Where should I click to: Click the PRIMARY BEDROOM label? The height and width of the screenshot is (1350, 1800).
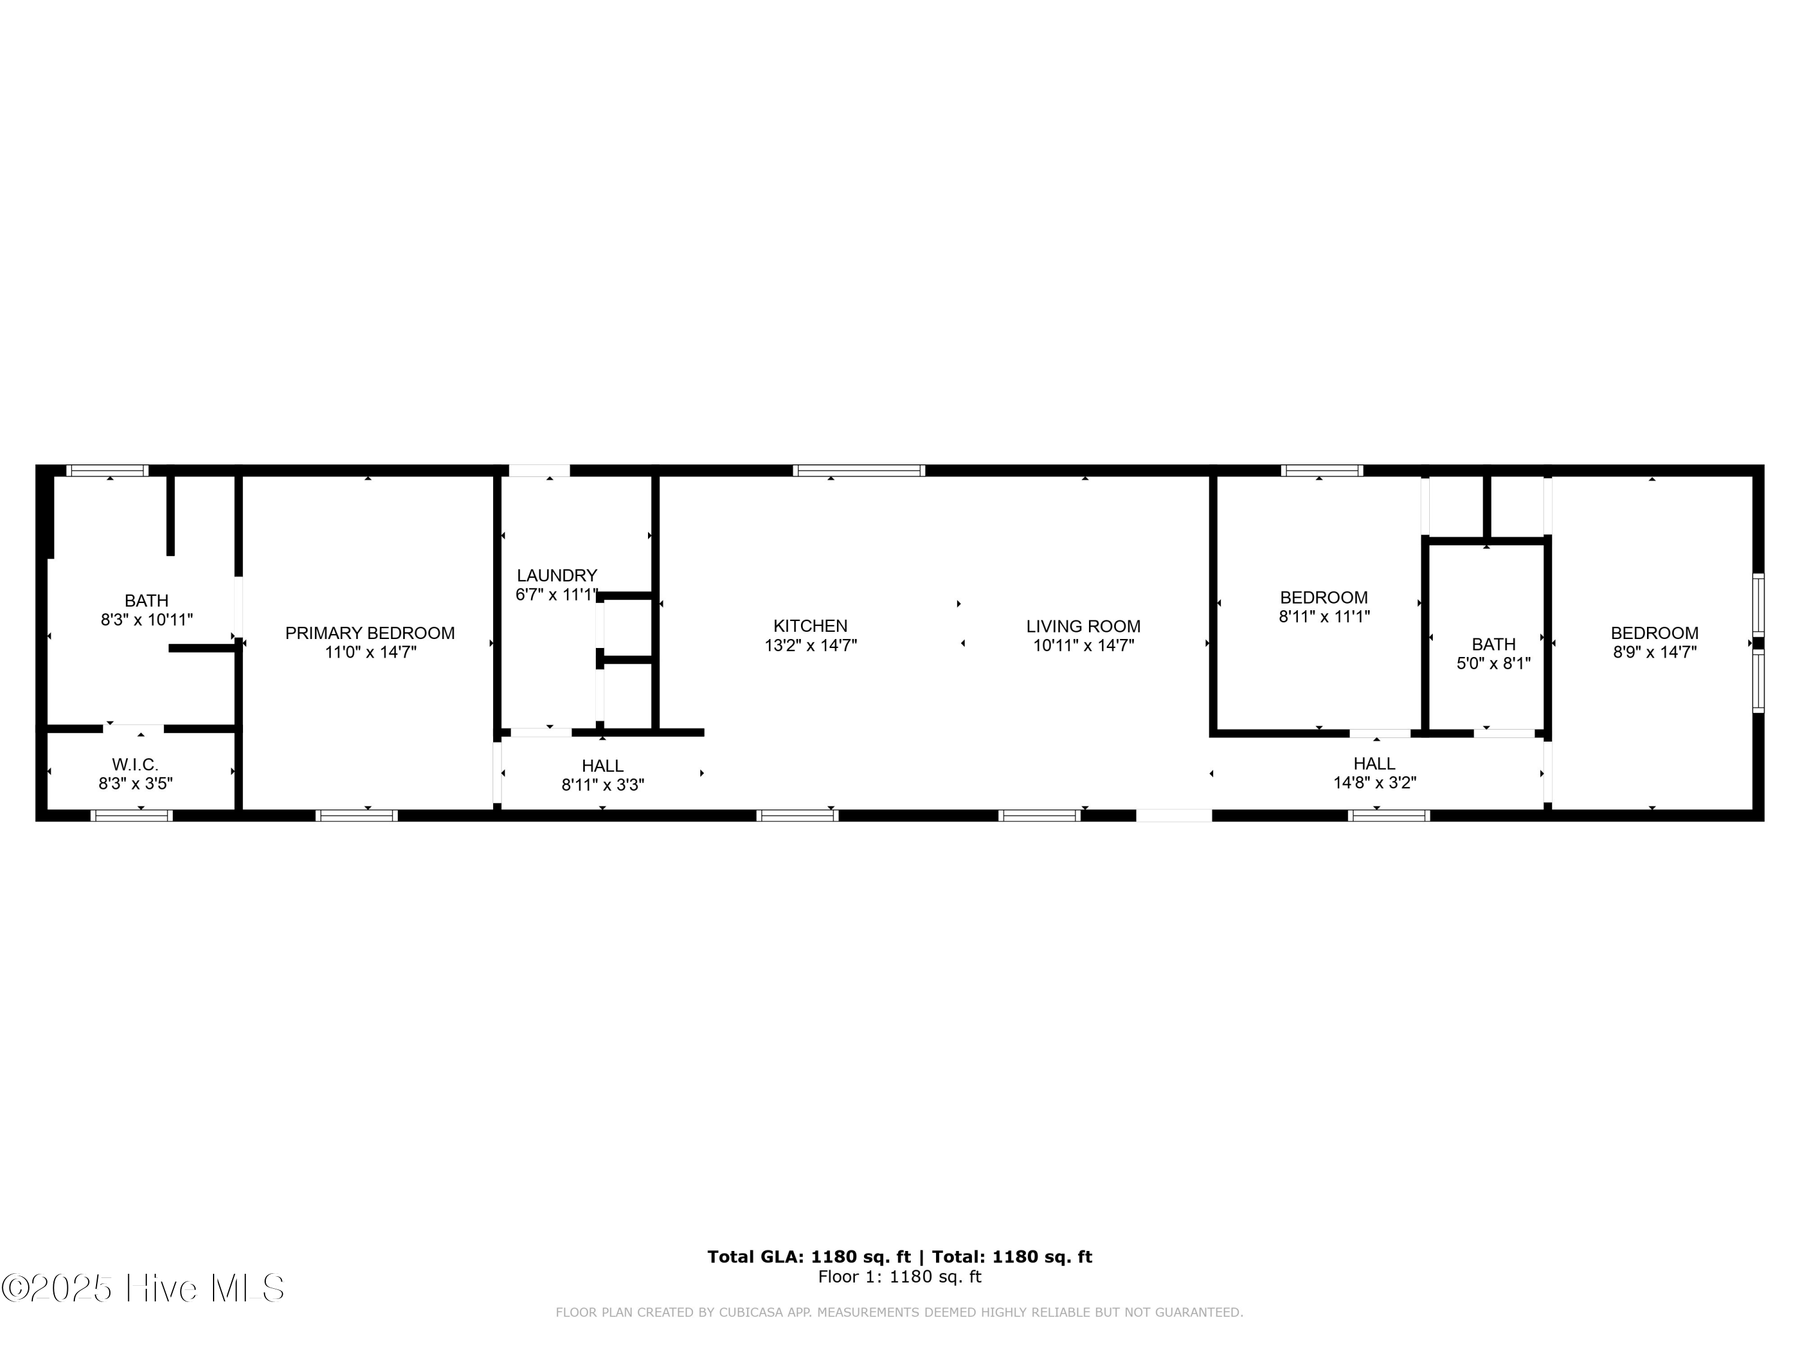pos(370,633)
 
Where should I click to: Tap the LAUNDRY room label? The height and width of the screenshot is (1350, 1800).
pos(557,575)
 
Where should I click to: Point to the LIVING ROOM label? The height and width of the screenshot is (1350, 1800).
pos(1082,626)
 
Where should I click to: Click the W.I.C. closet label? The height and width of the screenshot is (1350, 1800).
pos(135,764)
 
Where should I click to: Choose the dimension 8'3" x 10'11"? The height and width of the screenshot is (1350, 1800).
pos(146,620)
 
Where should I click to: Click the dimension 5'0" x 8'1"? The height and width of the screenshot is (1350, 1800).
pos(1493,663)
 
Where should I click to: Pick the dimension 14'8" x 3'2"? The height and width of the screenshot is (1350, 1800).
pos(1375,783)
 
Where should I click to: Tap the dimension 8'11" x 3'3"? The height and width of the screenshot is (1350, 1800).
pos(602,785)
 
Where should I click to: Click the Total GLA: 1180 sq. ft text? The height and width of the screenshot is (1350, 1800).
pos(808,1256)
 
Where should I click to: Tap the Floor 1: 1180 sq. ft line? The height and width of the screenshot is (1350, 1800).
pos(899,1277)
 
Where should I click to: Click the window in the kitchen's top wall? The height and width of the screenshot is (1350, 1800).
pos(859,470)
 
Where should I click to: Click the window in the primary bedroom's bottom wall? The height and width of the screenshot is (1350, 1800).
pos(356,815)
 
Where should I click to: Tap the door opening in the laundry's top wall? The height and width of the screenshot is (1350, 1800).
pos(539,470)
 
